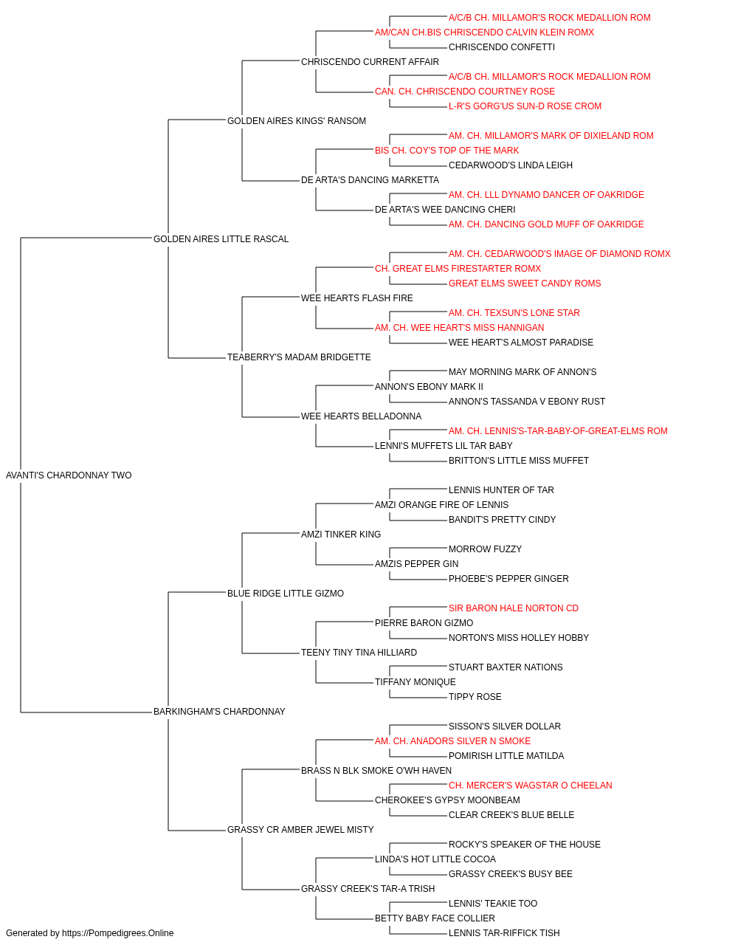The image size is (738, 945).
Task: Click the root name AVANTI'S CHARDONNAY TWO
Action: tap(69, 475)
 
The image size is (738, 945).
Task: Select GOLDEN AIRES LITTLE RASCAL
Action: tap(221, 239)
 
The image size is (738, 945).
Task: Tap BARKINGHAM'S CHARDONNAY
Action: tap(219, 712)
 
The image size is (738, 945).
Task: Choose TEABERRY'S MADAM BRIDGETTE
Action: tap(299, 357)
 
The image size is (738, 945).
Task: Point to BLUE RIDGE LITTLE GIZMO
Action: tap(286, 594)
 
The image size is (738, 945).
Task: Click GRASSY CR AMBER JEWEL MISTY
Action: tap(300, 830)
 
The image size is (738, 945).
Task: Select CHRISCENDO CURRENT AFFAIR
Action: tap(370, 62)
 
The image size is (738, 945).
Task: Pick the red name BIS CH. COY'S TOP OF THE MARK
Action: tap(446, 151)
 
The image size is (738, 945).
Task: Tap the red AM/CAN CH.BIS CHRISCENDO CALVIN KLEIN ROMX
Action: tap(484, 32)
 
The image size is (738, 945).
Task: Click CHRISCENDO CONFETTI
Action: tap(502, 47)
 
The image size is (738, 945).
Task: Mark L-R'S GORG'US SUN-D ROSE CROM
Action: tap(525, 106)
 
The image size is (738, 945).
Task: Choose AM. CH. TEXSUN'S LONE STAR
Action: tap(514, 313)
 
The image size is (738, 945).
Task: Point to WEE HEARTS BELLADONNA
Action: tap(361, 416)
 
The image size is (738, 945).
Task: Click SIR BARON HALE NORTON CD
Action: tap(514, 608)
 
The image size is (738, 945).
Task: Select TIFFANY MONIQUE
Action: tap(415, 682)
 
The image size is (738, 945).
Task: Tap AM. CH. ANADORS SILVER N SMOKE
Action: tap(452, 741)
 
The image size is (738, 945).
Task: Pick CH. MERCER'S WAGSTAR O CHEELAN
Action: tap(530, 786)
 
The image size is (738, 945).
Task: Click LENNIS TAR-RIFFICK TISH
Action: tap(504, 933)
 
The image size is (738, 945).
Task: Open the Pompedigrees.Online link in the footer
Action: tap(118, 933)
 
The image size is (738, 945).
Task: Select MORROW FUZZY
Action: tap(485, 549)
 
